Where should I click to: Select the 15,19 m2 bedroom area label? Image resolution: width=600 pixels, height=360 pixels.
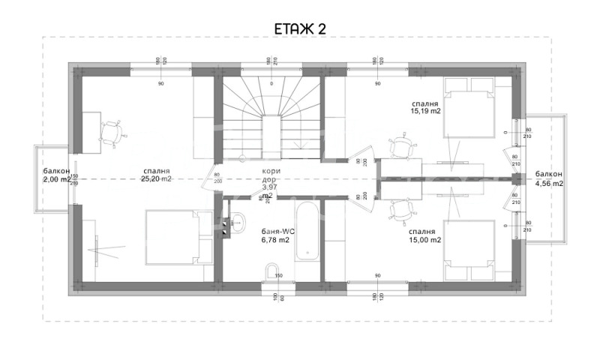pyautogui.click(x=424, y=106)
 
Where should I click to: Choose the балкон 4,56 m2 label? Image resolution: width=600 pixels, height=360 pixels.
pyautogui.click(x=548, y=178)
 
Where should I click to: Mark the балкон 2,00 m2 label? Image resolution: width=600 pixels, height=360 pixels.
pyautogui.click(x=57, y=175)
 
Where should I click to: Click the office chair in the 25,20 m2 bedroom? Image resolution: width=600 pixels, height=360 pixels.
pyautogui.click(x=112, y=133)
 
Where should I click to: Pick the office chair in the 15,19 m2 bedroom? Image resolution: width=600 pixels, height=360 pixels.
pyautogui.click(x=403, y=145)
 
